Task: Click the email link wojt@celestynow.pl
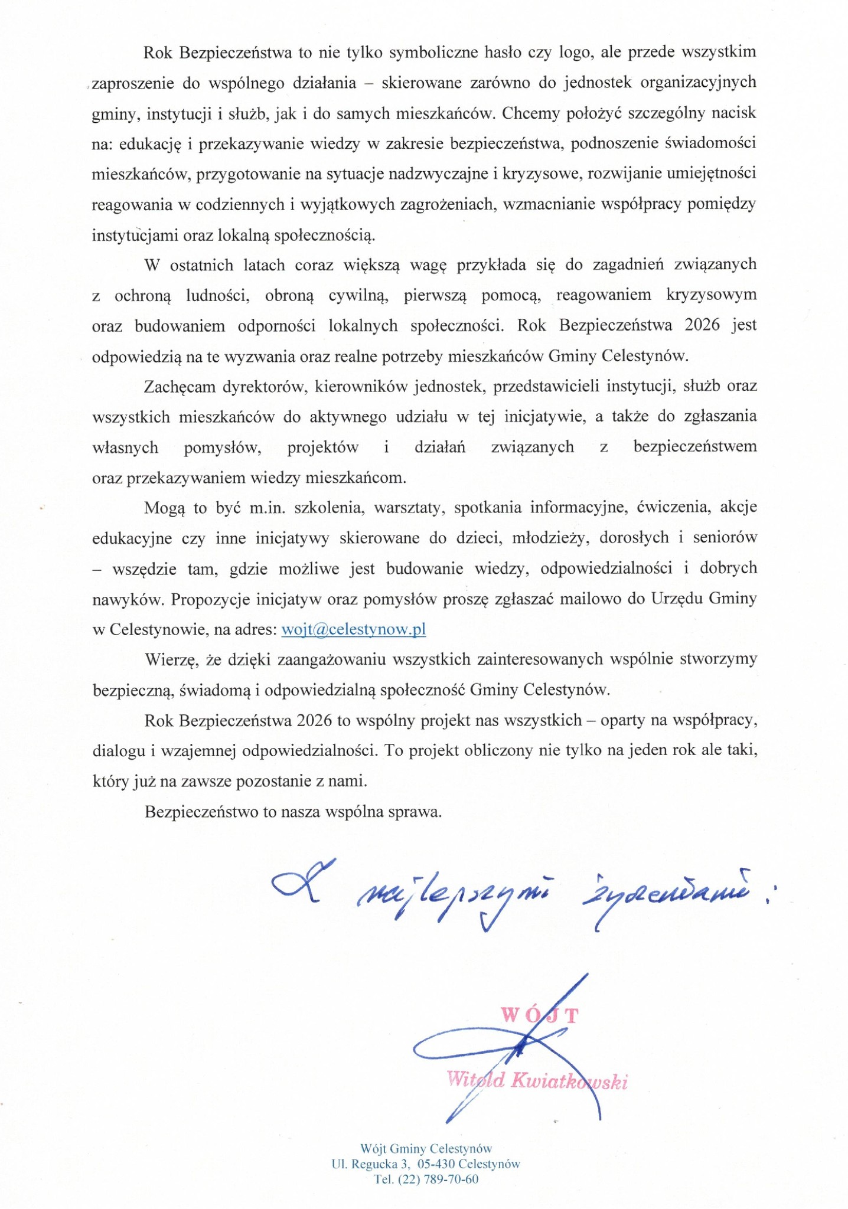pyautogui.click(x=354, y=629)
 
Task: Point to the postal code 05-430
pyautogui.click(x=436, y=1164)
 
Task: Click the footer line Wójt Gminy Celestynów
pyautogui.click(x=426, y=1148)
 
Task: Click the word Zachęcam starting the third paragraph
pyautogui.click(x=180, y=387)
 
